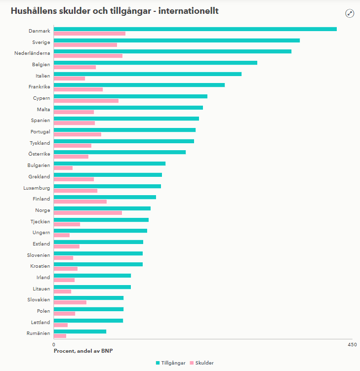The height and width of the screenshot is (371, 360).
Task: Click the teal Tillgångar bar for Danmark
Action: (x=195, y=29)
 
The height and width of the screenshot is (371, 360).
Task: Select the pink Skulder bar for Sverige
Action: (x=85, y=45)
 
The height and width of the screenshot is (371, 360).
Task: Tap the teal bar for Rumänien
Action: (x=80, y=331)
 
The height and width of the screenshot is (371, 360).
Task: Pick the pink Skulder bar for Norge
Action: (x=87, y=213)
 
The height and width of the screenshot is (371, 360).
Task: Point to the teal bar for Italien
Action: (x=147, y=74)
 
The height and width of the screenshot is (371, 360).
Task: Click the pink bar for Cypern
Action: (x=86, y=101)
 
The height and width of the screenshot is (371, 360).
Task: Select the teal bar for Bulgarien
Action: (x=109, y=164)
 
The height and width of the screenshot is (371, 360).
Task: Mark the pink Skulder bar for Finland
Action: (x=80, y=202)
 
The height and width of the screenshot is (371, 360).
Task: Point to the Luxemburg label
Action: (x=37, y=188)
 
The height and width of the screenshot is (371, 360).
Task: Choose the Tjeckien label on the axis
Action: (x=39, y=221)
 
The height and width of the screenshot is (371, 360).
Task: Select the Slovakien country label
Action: (x=39, y=300)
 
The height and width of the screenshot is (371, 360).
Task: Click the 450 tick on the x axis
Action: (x=352, y=344)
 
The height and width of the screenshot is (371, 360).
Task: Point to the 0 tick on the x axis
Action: (x=53, y=344)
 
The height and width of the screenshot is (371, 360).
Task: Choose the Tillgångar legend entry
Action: (x=171, y=363)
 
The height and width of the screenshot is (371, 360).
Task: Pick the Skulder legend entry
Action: (x=201, y=363)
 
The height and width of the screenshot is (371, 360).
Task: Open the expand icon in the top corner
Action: (x=350, y=13)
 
